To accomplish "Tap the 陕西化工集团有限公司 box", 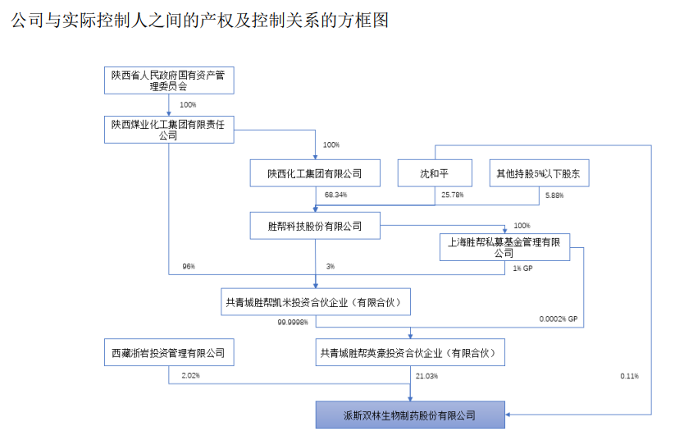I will coord(314,174).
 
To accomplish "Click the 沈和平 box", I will coord(434,174).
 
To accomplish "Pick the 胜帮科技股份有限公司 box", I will coord(314,226).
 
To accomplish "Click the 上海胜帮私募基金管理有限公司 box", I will coord(504,247).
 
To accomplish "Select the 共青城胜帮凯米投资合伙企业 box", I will coord(316,302).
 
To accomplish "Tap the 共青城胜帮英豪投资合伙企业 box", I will coord(410,354).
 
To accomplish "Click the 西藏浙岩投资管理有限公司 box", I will coord(168,354).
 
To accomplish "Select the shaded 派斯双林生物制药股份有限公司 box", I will coord(410,415).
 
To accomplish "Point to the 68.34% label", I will coord(336,195).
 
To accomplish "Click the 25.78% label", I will coord(453,195).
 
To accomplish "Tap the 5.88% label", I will coord(554,195).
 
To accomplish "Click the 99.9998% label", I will coord(293,323).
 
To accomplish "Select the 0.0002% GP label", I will coord(559,319).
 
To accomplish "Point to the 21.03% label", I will coord(427,376).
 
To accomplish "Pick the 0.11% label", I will coord(630,376).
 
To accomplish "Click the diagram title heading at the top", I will coord(199,21).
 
